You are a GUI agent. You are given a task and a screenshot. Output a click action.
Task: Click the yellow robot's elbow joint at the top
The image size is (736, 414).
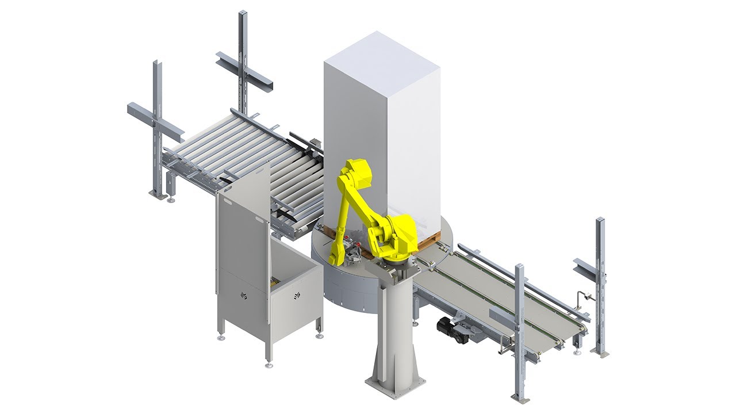[357, 172]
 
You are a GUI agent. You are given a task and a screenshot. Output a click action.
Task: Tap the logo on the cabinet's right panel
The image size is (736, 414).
[297, 296]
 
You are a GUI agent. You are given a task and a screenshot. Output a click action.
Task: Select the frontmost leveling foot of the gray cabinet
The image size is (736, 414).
[268, 365]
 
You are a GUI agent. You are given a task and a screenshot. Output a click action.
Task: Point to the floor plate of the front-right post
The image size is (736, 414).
[520, 398]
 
